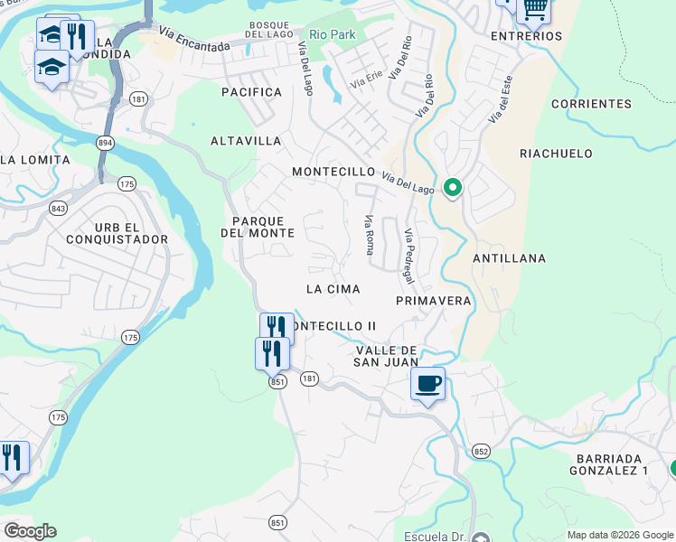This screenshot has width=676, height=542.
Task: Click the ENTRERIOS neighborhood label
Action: click(526, 36)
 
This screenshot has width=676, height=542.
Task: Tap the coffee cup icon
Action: click(428, 384)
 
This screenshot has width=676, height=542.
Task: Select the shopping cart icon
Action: click(535, 9)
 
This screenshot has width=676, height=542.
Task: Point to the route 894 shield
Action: click(107, 143)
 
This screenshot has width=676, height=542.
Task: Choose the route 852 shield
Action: click(481, 451)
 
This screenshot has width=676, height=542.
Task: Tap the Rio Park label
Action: click(332, 34)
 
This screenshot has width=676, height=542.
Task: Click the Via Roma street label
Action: click(369, 235)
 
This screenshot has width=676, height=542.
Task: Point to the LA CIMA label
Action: click(333, 289)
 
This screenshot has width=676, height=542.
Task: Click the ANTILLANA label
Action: click(509, 258)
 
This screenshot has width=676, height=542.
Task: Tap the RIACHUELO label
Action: click(556, 154)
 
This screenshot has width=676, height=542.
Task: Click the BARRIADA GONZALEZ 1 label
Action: click(609, 464)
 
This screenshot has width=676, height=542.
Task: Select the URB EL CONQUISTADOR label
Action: click(117, 232)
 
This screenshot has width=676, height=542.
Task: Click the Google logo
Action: click(30, 531)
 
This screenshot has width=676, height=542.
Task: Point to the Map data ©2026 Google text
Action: click(619, 535)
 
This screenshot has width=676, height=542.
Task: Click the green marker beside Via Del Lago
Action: click(453, 188)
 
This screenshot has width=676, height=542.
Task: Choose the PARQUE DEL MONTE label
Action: click(258, 227)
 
